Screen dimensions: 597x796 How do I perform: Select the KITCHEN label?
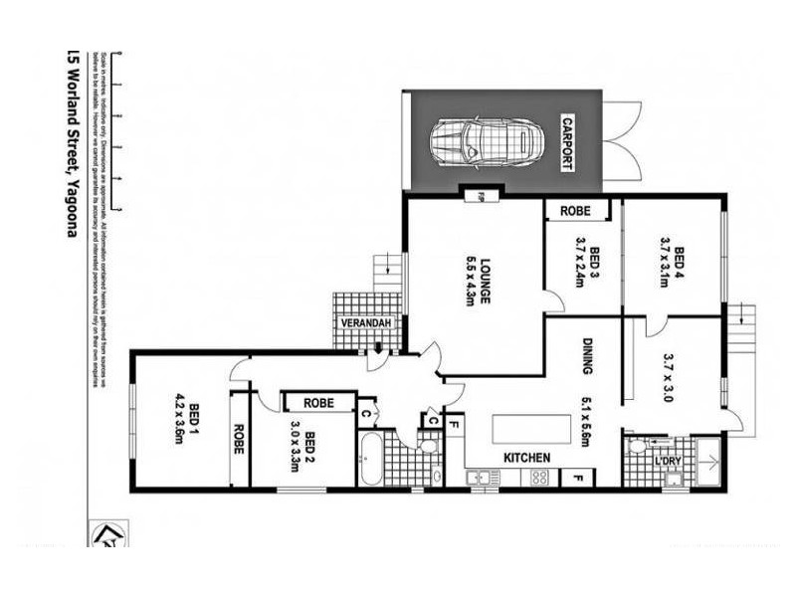point(527,457)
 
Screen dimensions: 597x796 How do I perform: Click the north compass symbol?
point(102,534)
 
